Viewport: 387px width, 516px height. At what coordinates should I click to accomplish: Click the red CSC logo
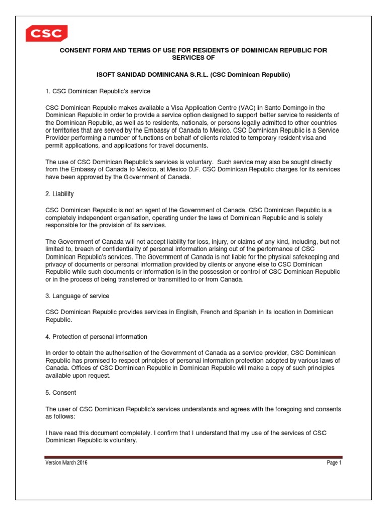[46, 33]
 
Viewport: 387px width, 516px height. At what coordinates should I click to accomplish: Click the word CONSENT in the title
[78, 50]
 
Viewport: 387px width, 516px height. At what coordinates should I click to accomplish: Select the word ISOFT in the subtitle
[107, 75]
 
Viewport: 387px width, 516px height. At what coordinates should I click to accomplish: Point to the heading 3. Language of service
[77, 296]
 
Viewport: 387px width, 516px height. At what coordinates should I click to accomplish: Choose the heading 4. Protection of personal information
[96, 337]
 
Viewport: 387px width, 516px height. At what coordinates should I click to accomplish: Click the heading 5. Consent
[60, 392]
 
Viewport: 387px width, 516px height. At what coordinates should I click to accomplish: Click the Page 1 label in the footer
[333, 463]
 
